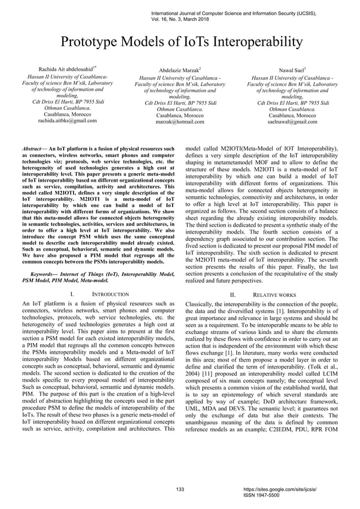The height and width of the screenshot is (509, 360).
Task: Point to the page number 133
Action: (x=181, y=489)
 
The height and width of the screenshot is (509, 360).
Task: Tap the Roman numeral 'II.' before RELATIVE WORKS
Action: (x=233, y=295)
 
